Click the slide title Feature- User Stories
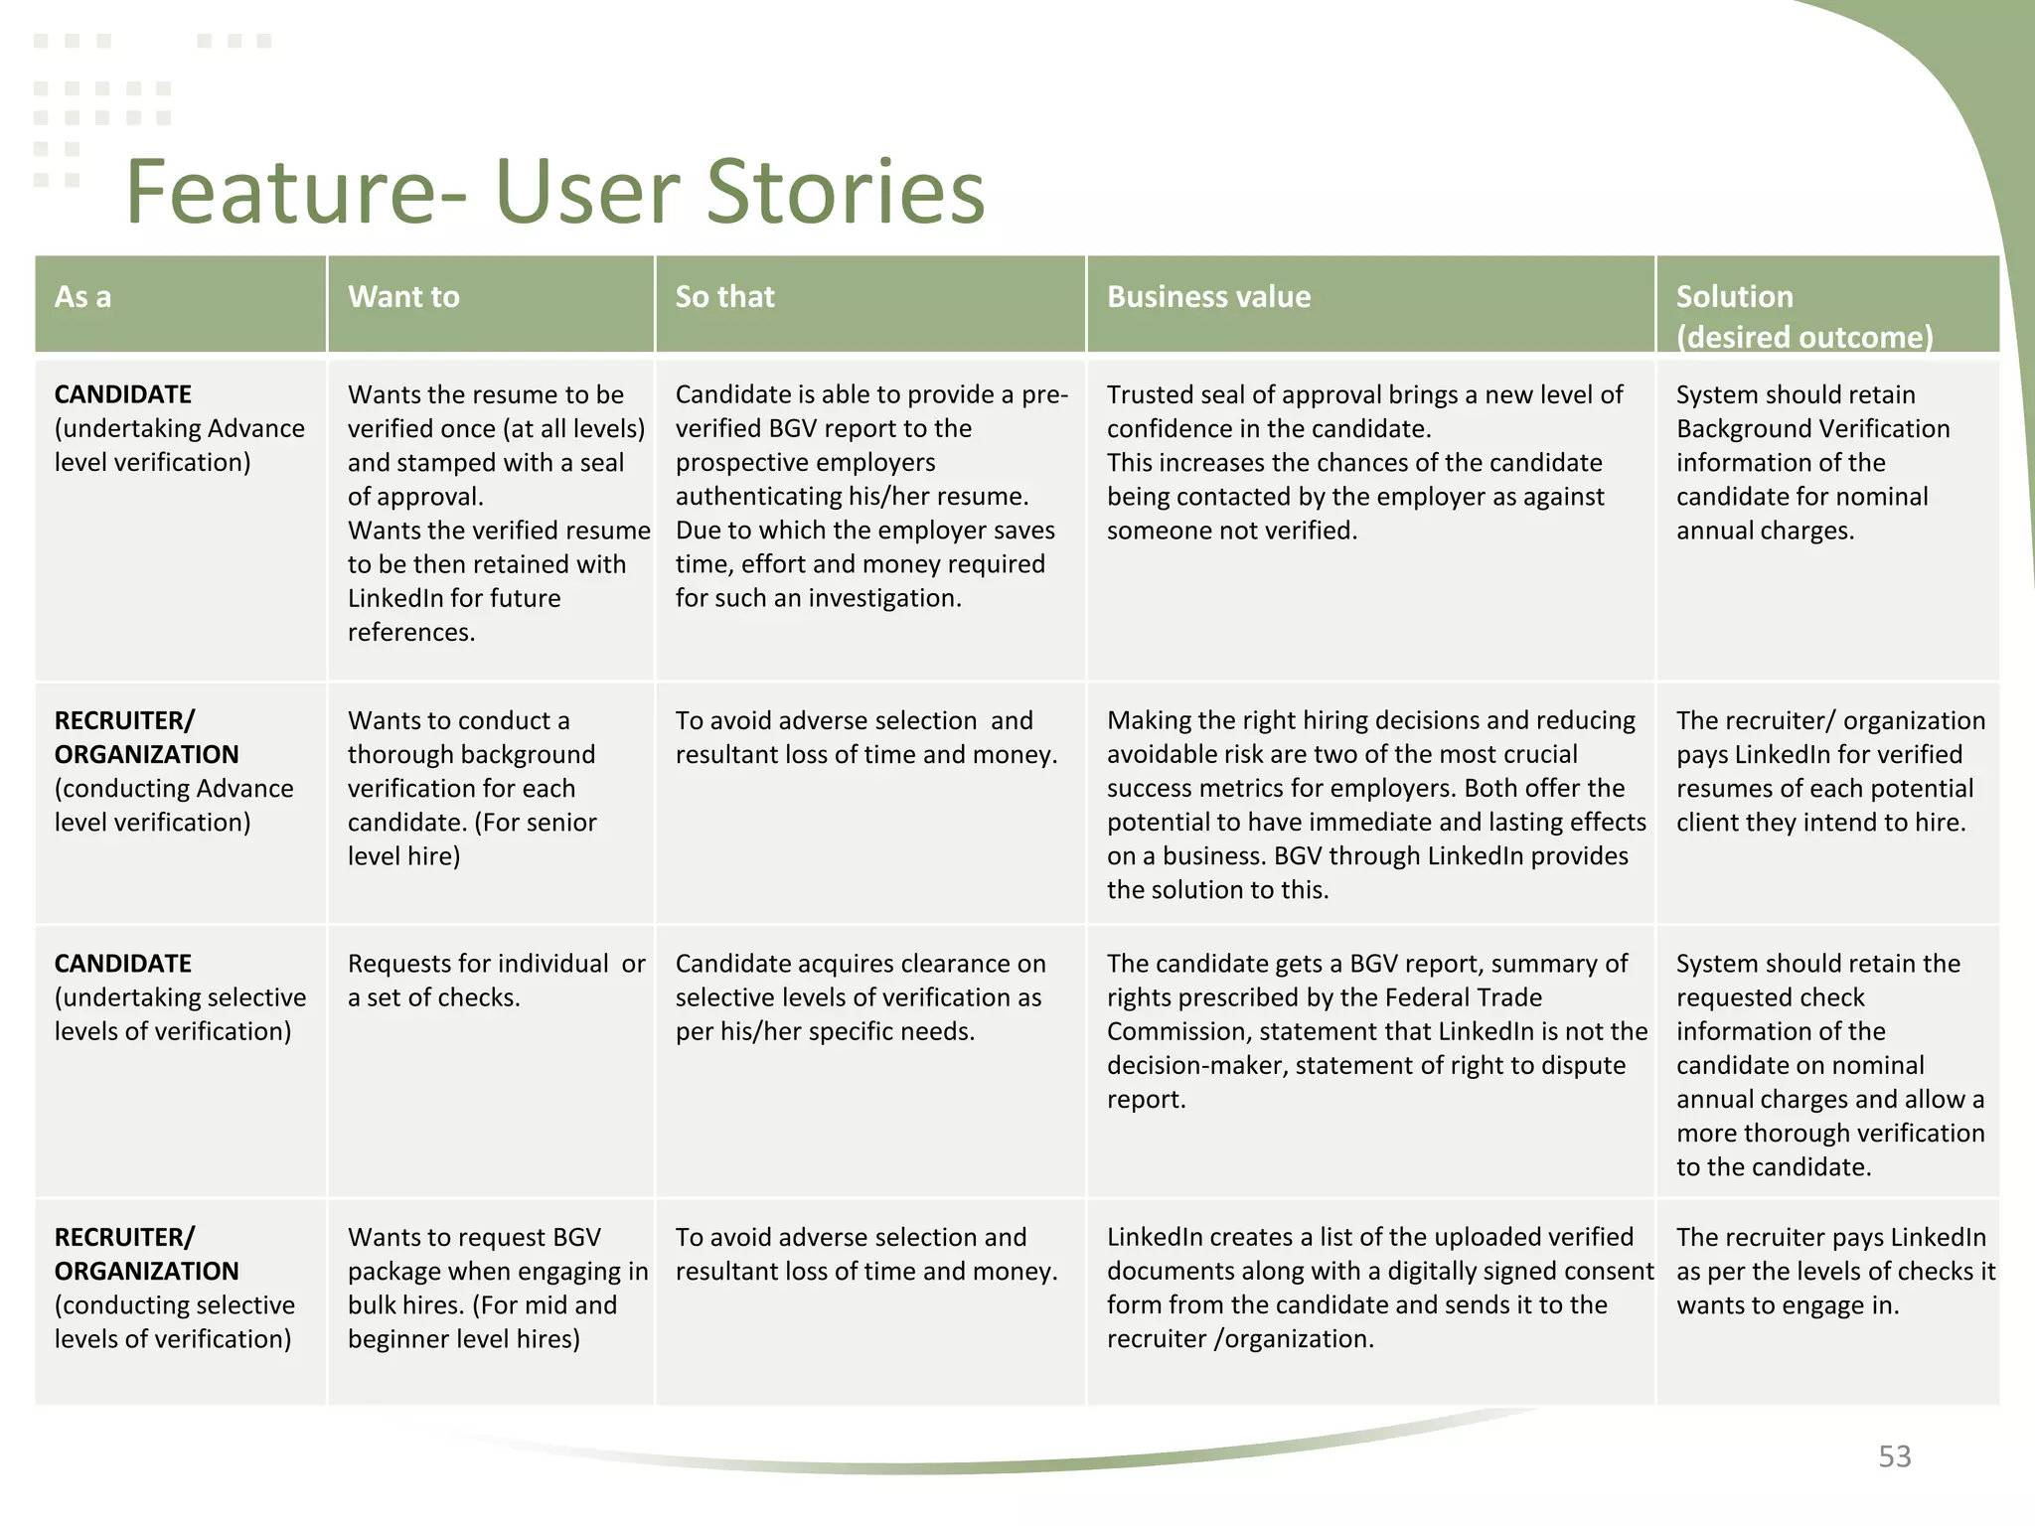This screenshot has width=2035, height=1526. click(554, 192)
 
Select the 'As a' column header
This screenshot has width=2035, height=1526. click(83, 297)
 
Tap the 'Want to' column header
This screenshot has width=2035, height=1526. click(403, 297)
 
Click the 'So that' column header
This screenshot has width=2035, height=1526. click(724, 297)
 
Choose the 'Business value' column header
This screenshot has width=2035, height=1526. click(1208, 297)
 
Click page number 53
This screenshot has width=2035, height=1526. click(1894, 1456)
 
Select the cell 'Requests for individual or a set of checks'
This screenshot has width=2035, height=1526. click(495, 981)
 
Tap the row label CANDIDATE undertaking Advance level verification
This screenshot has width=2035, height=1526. click(179, 428)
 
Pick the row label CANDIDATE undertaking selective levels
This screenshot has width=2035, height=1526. click(179, 997)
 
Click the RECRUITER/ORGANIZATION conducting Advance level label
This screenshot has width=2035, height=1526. click(173, 771)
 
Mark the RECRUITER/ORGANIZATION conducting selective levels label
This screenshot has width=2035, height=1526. click(173, 1288)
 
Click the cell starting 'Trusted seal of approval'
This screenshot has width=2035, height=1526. click(1364, 462)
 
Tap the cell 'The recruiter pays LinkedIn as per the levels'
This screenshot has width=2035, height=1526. click(1834, 1271)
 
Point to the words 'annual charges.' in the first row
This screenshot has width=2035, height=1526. click(1765, 531)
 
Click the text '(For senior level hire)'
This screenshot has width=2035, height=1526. click(473, 839)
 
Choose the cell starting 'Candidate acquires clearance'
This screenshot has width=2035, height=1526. click(860, 997)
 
